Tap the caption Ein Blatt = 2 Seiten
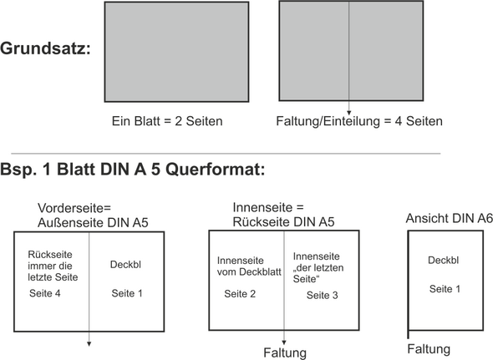pyautogui.click(x=167, y=122)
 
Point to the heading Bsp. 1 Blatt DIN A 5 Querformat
pyautogui.click(x=133, y=170)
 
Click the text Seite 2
pyautogui.click(x=241, y=294)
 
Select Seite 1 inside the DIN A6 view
pyautogui.click(x=446, y=288)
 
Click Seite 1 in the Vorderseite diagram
pyautogui.click(x=127, y=293)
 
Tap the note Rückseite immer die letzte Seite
pyautogui.click(x=52, y=266)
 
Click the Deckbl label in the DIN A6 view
pyautogui.click(x=442, y=260)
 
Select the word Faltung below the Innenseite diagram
pyautogui.click(x=285, y=352)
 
